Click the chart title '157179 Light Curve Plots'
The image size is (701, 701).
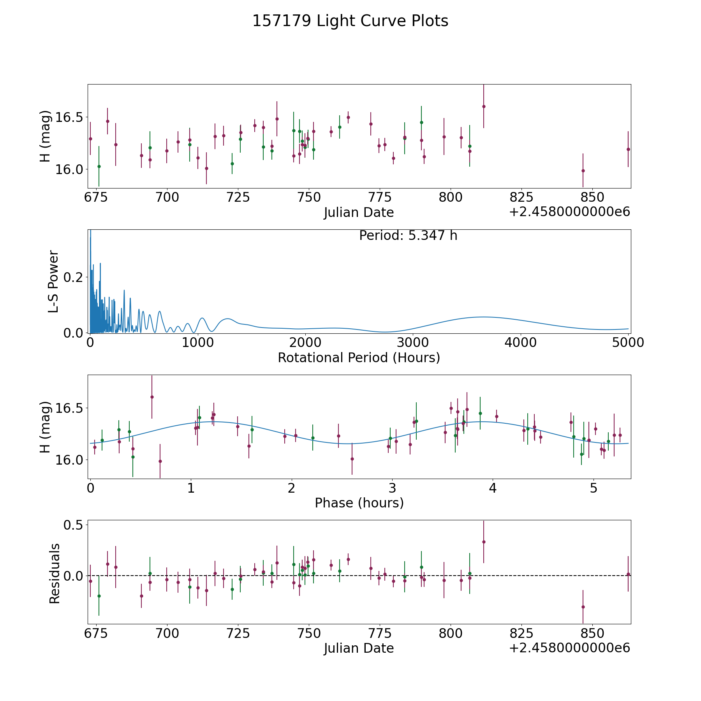click(350, 21)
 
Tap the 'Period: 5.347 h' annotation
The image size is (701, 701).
click(408, 236)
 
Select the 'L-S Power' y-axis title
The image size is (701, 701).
click(54, 281)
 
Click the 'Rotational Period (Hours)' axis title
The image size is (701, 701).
click(359, 358)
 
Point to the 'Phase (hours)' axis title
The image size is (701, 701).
click(359, 503)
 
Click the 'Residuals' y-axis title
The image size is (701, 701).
click(55, 573)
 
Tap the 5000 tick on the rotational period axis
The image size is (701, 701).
click(628, 343)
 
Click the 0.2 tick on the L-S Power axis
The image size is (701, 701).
click(74, 277)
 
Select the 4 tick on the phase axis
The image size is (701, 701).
click(493, 488)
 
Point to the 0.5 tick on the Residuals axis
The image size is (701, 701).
click(74, 525)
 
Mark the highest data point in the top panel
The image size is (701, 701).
click(484, 106)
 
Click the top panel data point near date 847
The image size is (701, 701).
click(583, 171)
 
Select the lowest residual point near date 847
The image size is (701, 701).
click(583, 607)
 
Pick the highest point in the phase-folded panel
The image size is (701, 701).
click(152, 397)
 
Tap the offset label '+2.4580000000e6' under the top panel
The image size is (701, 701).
click(569, 212)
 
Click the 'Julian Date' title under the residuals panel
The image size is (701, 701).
click(359, 648)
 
